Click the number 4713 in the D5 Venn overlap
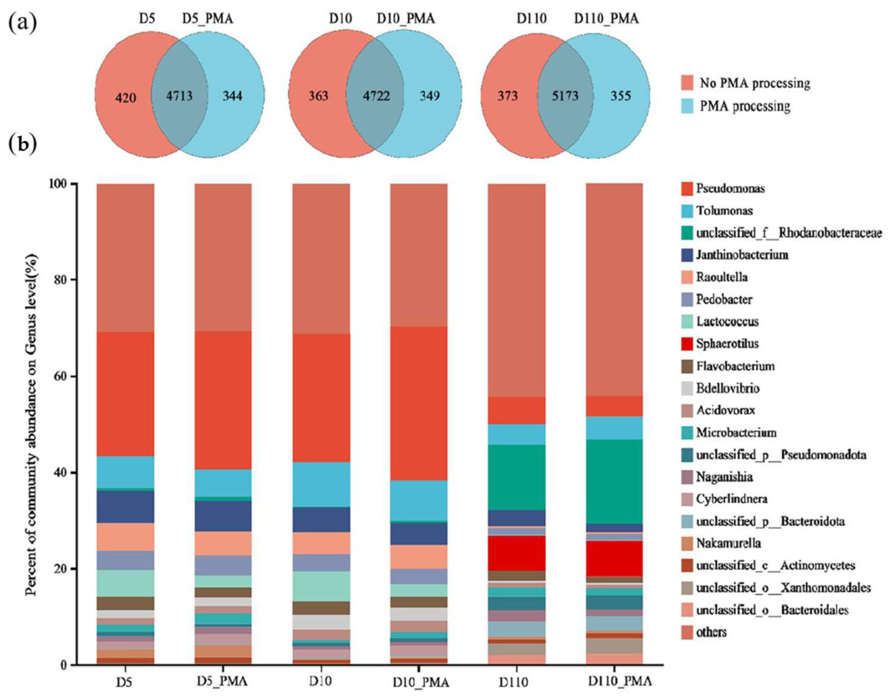tap(179, 96)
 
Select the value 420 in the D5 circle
tap(126, 98)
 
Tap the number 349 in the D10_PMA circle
tap(430, 96)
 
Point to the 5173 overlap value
tap(565, 96)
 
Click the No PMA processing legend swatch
tap(688, 83)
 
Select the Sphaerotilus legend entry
tap(727, 344)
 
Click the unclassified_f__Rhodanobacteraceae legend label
tap(789, 233)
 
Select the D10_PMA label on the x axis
tap(421, 682)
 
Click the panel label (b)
tap(22, 145)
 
